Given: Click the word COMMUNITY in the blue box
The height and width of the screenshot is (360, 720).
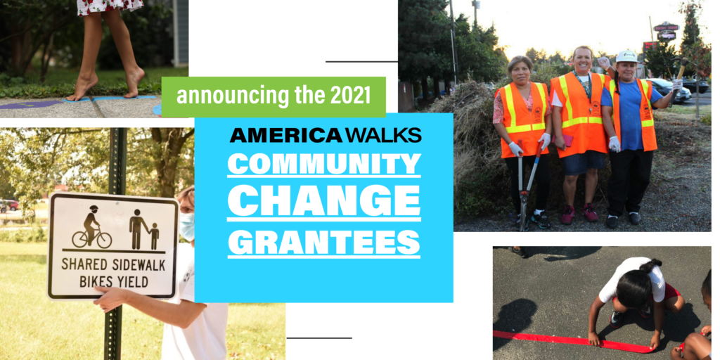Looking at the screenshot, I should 324,165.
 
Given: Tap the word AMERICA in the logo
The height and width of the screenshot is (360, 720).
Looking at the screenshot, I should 285,134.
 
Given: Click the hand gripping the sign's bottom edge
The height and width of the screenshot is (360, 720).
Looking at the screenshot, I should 109,300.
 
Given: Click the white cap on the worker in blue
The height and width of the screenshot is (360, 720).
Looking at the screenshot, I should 626,56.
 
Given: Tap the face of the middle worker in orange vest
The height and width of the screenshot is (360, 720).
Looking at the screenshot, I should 583,61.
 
